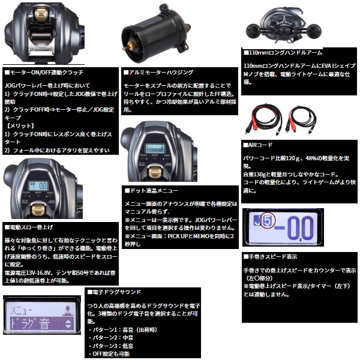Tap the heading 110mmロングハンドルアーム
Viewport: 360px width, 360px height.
click(x=283, y=53)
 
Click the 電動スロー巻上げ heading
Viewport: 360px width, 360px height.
click(x=29, y=228)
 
